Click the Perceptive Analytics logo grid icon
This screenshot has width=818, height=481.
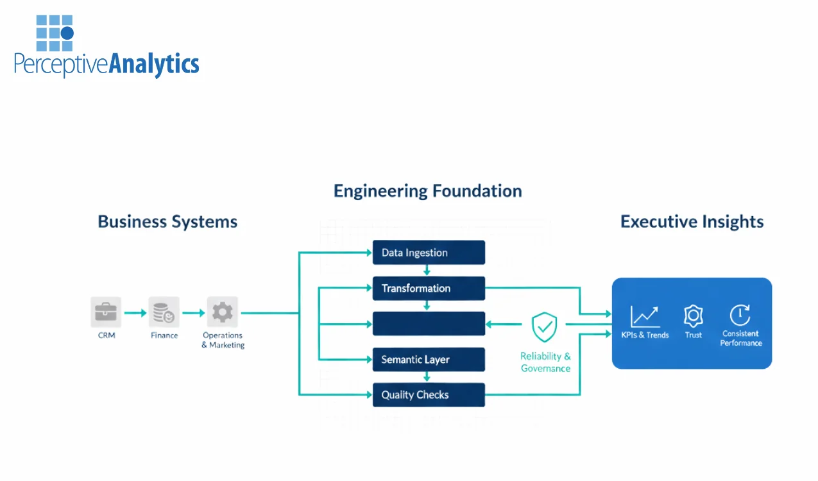[x=55, y=33]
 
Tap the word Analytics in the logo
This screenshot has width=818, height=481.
[x=154, y=65]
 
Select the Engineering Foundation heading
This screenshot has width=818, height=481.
[x=427, y=191]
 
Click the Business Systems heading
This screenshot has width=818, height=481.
[x=167, y=222]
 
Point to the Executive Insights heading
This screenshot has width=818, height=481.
[x=692, y=222]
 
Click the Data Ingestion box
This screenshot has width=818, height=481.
[x=429, y=253]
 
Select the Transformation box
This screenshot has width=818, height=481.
[x=429, y=289]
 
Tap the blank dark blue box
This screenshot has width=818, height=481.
[x=429, y=324]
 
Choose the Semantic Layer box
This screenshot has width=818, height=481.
[x=429, y=360]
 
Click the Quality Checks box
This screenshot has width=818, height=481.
[x=429, y=395]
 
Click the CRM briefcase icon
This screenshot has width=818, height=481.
[x=106, y=312]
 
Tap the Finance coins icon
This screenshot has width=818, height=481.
[x=164, y=312]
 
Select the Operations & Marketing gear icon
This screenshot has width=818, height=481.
[x=223, y=312]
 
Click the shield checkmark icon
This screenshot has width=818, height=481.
[x=545, y=327]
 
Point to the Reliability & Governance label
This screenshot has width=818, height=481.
[x=545, y=362]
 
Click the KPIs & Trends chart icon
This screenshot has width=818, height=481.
[x=645, y=316]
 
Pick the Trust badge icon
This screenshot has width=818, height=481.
[x=693, y=316]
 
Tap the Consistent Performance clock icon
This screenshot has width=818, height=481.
[x=740, y=315]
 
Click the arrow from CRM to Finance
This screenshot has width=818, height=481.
[x=135, y=313]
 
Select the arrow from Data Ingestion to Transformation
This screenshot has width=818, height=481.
[x=427, y=271]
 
